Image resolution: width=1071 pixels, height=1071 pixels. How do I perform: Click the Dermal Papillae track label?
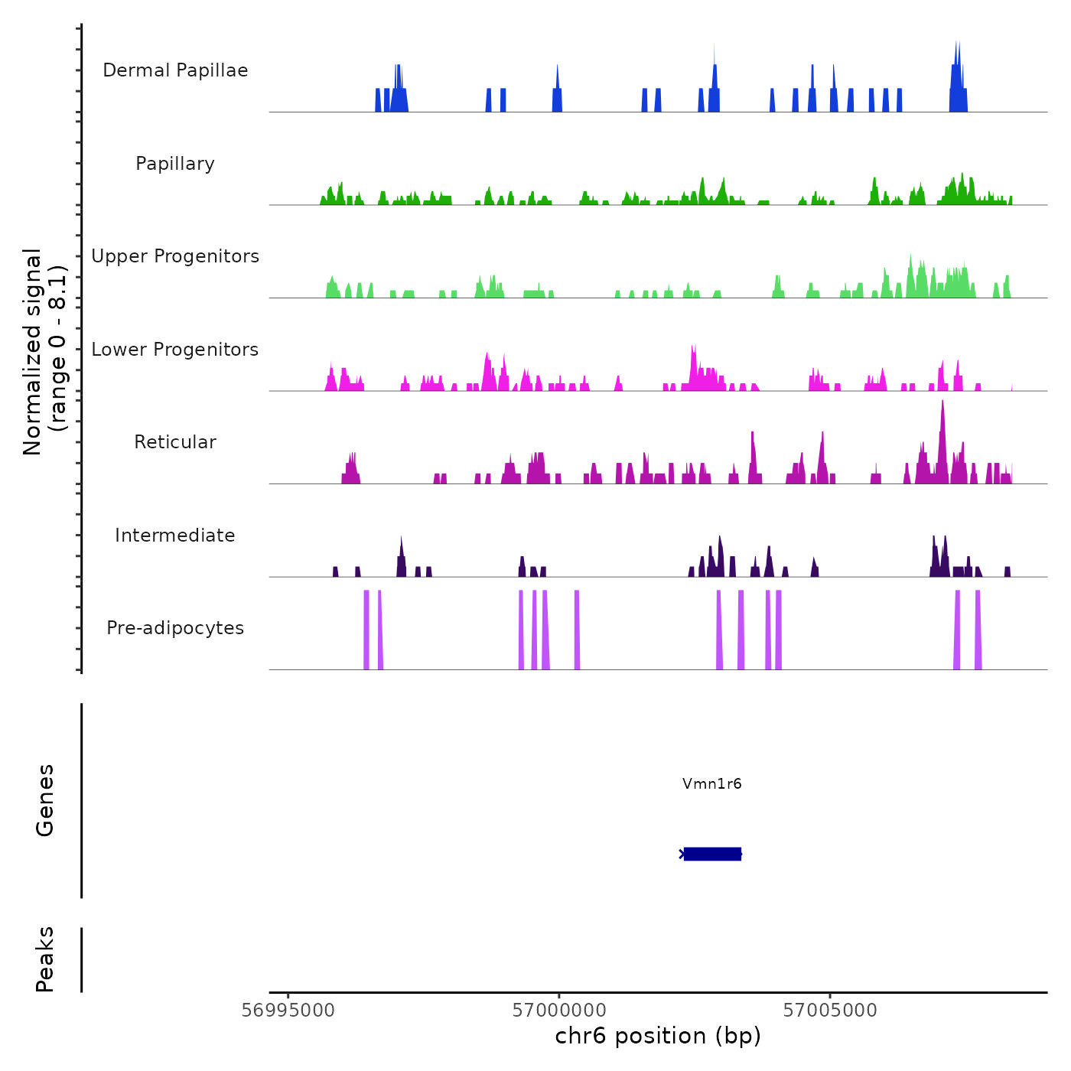[175, 70]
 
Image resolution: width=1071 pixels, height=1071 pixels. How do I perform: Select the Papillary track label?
[175, 164]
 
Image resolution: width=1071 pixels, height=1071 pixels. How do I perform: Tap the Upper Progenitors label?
[175, 256]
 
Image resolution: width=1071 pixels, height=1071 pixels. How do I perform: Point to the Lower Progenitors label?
[175, 350]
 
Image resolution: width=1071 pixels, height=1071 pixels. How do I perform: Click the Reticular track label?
[175, 442]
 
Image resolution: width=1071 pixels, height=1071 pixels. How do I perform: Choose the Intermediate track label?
[175, 535]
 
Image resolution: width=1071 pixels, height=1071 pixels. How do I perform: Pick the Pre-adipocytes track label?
[175, 628]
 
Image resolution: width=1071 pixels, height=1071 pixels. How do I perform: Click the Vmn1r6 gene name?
[712, 783]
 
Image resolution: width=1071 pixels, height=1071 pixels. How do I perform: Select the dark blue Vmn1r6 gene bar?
[712, 854]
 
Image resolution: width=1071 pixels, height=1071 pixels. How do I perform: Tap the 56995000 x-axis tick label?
[288, 1011]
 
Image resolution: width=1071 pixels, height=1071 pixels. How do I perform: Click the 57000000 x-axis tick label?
[559, 1011]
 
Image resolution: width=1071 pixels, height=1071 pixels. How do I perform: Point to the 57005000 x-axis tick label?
[830, 1011]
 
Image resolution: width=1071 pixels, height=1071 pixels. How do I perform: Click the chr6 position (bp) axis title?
[658, 1037]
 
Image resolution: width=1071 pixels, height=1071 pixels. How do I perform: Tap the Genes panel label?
[45, 800]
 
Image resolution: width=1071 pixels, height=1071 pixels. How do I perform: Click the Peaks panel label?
[45, 959]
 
